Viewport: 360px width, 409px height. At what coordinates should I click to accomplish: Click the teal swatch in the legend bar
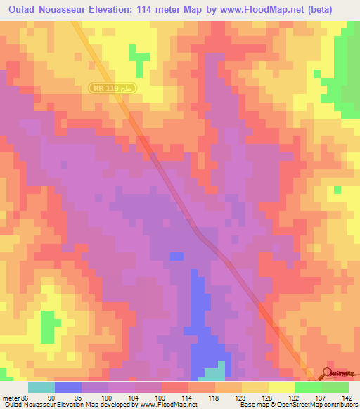41,388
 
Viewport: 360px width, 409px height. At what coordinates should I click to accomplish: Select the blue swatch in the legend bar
68,388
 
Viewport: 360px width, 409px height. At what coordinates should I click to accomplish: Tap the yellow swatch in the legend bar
282,388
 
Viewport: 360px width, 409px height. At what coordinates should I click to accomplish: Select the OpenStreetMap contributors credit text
310,404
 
